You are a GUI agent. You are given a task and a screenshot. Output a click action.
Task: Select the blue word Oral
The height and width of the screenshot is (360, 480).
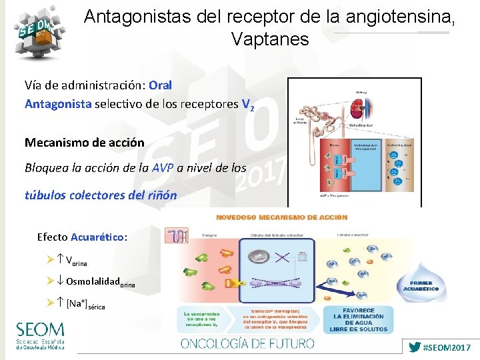(161, 85)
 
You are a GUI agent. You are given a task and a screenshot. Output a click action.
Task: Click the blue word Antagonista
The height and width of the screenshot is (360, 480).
(58, 104)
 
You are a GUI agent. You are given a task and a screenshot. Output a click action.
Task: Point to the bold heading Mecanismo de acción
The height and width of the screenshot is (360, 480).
(84, 143)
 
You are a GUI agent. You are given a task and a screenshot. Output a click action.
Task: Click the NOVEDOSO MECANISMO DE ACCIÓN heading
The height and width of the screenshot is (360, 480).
(282, 217)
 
